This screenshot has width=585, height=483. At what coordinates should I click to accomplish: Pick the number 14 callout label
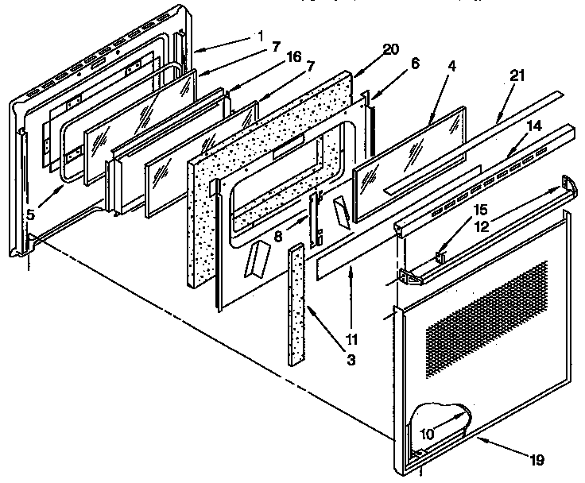533,125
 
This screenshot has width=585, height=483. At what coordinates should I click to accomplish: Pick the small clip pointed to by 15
440,257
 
